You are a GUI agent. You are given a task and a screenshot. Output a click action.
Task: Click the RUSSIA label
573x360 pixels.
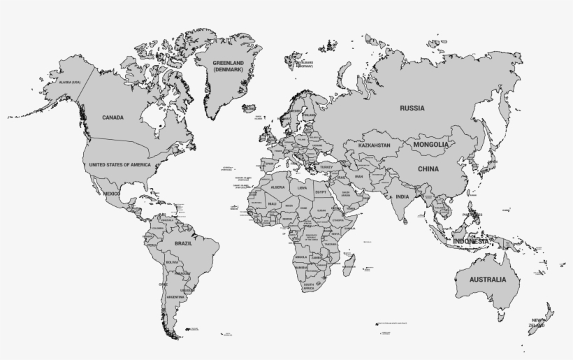(412, 108)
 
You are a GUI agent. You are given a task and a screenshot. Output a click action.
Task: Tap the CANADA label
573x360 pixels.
(113, 117)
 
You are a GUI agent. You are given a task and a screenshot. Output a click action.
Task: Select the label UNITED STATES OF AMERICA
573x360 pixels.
(119, 164)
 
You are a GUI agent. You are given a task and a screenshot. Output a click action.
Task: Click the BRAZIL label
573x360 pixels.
(183, 243)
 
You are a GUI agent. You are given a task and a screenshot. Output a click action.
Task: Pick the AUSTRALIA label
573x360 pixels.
(487, 280)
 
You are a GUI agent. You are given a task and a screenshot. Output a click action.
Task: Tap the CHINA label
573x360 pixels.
(428, 169)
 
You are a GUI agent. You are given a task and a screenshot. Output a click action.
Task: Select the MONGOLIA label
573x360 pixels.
(430, 145)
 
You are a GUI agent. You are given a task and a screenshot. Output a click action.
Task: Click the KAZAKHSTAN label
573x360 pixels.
(374, 145)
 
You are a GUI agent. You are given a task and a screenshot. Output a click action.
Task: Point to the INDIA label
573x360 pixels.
(402, 196)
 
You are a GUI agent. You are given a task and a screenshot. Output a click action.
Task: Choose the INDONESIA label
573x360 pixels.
(470, 240)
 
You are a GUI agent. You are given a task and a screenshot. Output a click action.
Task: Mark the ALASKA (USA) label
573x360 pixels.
(70, 82)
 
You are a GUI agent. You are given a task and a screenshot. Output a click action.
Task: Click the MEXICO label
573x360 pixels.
(111, 193)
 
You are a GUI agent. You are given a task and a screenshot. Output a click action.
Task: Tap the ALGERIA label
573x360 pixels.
(277, 187)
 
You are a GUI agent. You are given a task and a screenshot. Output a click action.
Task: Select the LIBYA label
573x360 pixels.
(302, 187)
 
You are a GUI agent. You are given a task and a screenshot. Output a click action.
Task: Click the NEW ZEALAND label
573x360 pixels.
(537, 322)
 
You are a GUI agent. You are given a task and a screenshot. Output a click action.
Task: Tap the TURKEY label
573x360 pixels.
(327, 167)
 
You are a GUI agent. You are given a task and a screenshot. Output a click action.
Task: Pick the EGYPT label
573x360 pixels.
(321, 191)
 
